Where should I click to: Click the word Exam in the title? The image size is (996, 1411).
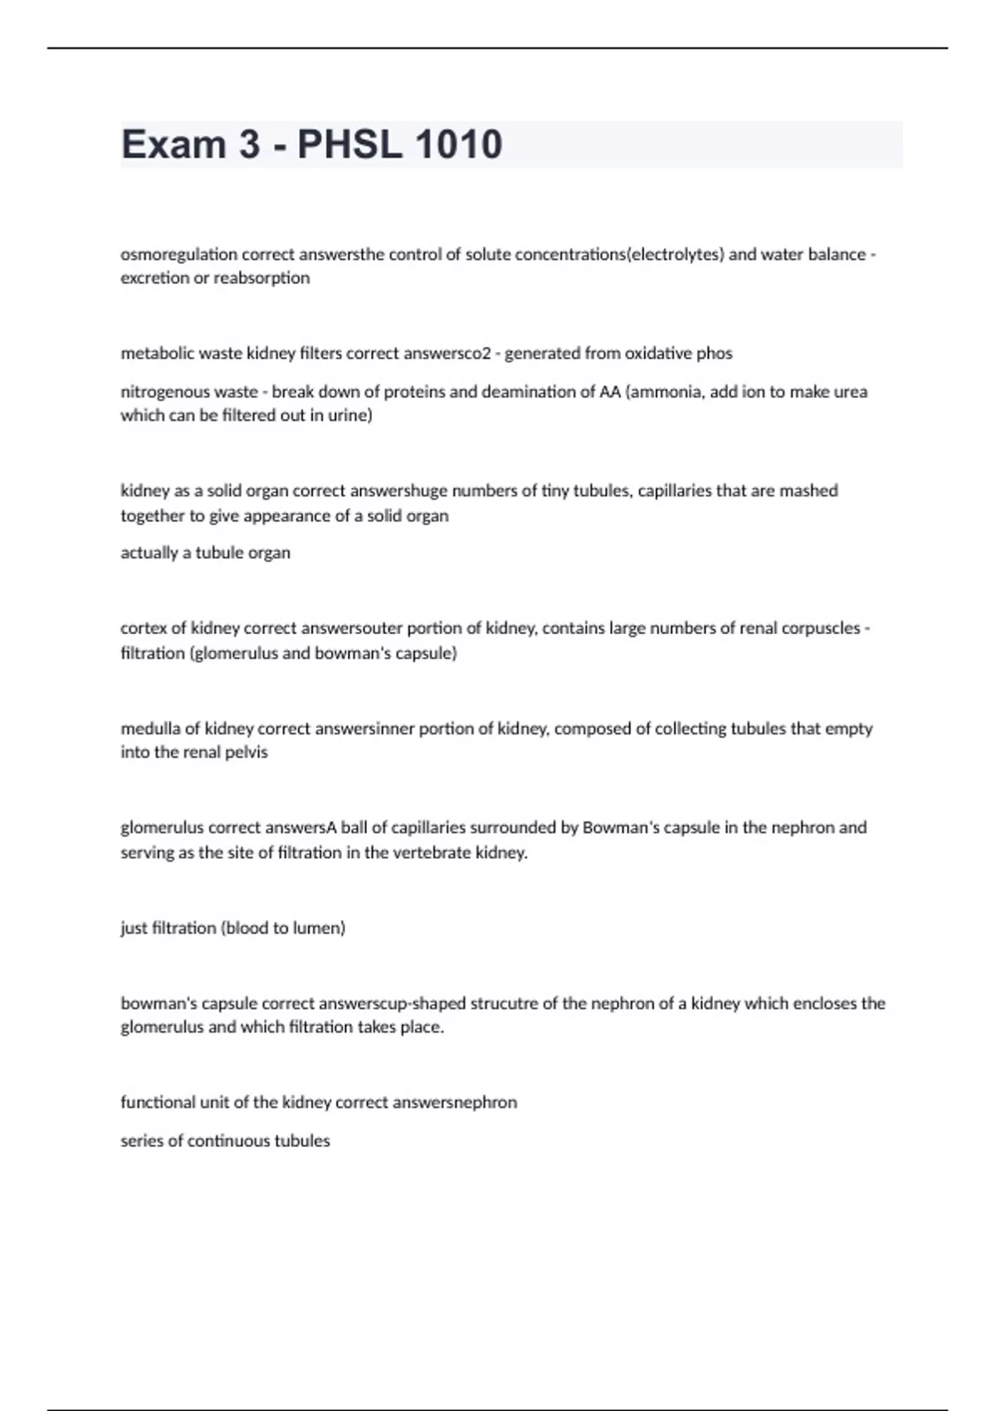[x=173, y=144]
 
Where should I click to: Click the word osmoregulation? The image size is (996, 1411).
[x=178, y=255]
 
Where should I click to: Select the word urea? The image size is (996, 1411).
[x=849, y=392]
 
